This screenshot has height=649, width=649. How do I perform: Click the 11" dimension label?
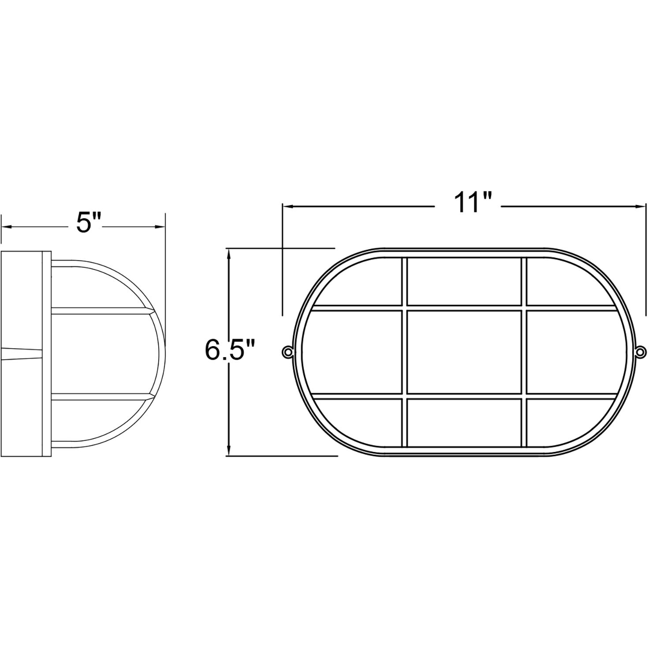tap(468, 203)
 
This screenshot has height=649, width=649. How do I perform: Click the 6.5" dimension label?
tap(230, 350)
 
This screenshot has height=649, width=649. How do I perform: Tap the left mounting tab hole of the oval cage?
tap(287, 351)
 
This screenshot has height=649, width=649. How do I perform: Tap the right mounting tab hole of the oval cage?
tap(641, 351)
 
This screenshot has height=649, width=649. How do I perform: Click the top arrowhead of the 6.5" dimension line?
tap(229, 254)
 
